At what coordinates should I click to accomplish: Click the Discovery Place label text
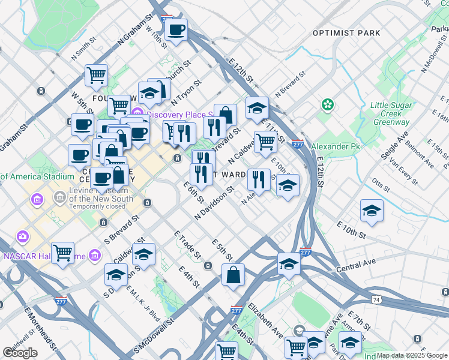coord(178,115)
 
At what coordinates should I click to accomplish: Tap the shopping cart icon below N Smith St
coord(96,76)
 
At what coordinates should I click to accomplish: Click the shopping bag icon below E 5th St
coord(233,275)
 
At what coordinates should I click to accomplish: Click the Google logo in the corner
coord(20,353)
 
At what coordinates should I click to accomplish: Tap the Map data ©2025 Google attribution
coord(412,355)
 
